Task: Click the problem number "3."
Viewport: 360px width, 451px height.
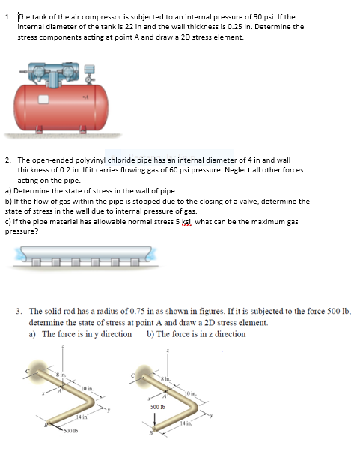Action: (19, 309)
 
